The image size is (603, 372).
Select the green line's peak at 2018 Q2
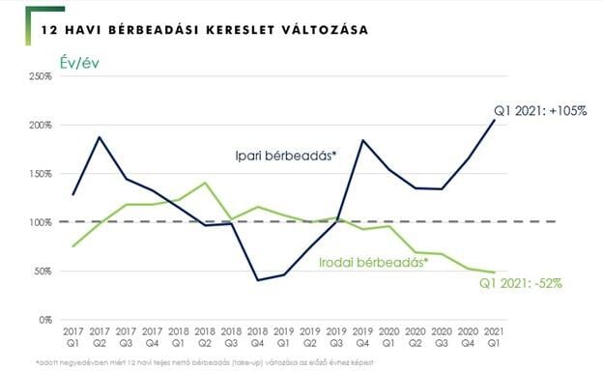205,183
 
